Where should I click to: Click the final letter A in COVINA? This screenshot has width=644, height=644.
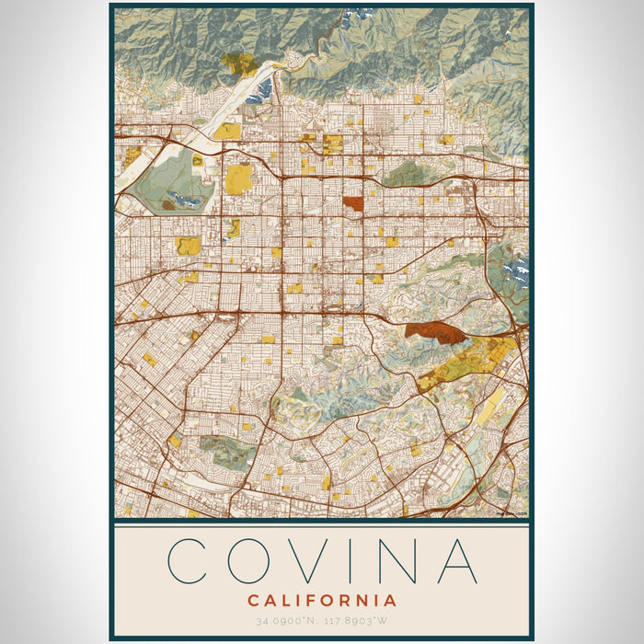[x=457, y=560]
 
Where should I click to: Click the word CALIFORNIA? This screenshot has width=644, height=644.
[x=322, y=601]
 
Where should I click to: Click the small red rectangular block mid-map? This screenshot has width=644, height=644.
[x=353, y=203]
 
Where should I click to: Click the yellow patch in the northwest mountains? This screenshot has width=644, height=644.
[x=238, y=64]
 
